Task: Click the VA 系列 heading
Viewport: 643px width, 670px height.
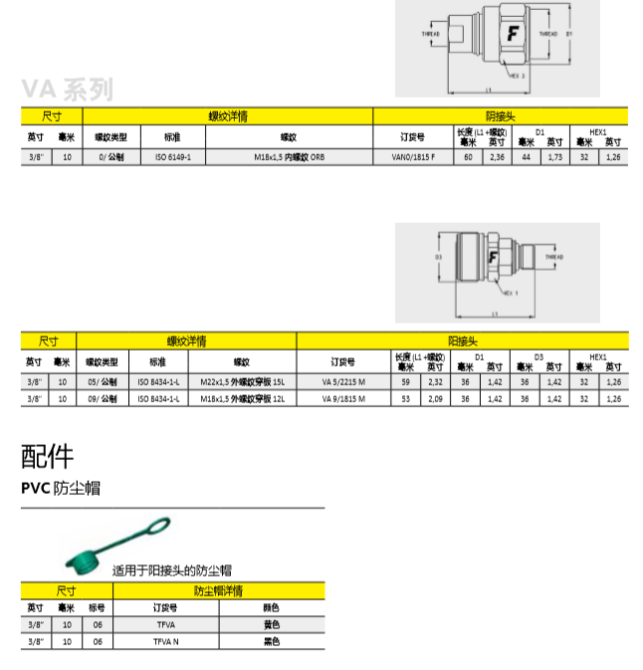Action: (68, 91)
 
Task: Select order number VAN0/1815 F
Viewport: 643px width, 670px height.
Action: (413, 157)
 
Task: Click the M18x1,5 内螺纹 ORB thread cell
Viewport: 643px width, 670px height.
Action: (289, 157)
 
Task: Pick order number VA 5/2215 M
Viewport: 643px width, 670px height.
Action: (342, 381)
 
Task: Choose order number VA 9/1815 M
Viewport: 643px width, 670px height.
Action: (342, 398)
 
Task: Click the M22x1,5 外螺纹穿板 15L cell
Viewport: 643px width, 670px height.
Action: (242, 381)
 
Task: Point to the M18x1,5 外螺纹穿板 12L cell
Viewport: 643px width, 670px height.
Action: (242, 398)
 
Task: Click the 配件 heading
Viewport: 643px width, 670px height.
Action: (48, 457)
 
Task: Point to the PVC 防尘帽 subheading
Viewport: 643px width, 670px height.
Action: (61, 488)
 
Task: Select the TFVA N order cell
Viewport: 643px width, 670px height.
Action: (164, 642)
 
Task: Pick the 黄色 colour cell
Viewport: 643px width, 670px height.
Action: (271, 625)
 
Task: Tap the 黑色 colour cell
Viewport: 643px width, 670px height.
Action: (271, 642)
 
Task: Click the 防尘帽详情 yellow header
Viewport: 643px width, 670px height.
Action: (218, 591)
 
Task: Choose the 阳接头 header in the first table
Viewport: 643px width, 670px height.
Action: (500, 115)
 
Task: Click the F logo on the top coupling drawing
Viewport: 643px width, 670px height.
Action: (514, 34)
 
